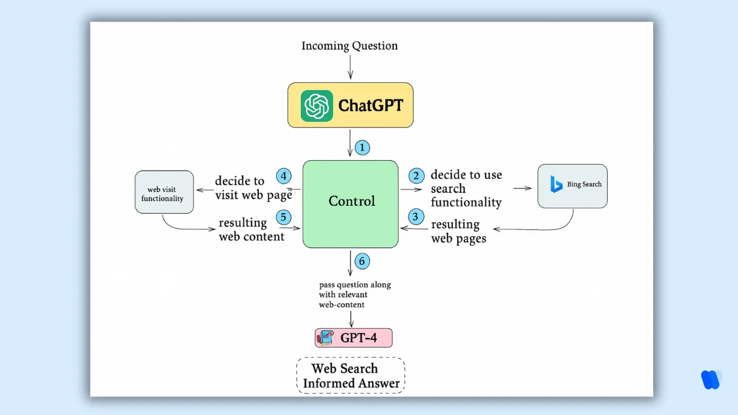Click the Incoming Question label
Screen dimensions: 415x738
[349, 46]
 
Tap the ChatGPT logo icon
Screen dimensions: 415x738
[317, 105]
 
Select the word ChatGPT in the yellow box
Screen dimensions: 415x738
[371, 105]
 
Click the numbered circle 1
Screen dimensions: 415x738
[362, 148]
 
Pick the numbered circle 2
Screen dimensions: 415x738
[416, 175]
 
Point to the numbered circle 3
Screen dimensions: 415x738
[416, 217]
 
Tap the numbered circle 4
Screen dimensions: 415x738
[284, 176]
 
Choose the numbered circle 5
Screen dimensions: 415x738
[283, 217]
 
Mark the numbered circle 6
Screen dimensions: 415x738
[362, 261]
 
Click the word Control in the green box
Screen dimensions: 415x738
[352, 201]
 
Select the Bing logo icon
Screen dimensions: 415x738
[556, 184]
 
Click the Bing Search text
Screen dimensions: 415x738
[584, 184]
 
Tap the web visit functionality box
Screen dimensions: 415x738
[164, 192]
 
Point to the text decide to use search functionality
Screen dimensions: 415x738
[466, 188]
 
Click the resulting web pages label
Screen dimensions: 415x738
[458, 231]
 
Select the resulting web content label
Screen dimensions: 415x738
[251, 229]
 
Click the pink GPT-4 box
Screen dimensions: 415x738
[353, 338]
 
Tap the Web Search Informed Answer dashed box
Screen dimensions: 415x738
[351, 376]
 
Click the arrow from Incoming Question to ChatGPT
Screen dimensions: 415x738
[350, 67]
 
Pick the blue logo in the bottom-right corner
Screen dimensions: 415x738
[710, 379]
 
